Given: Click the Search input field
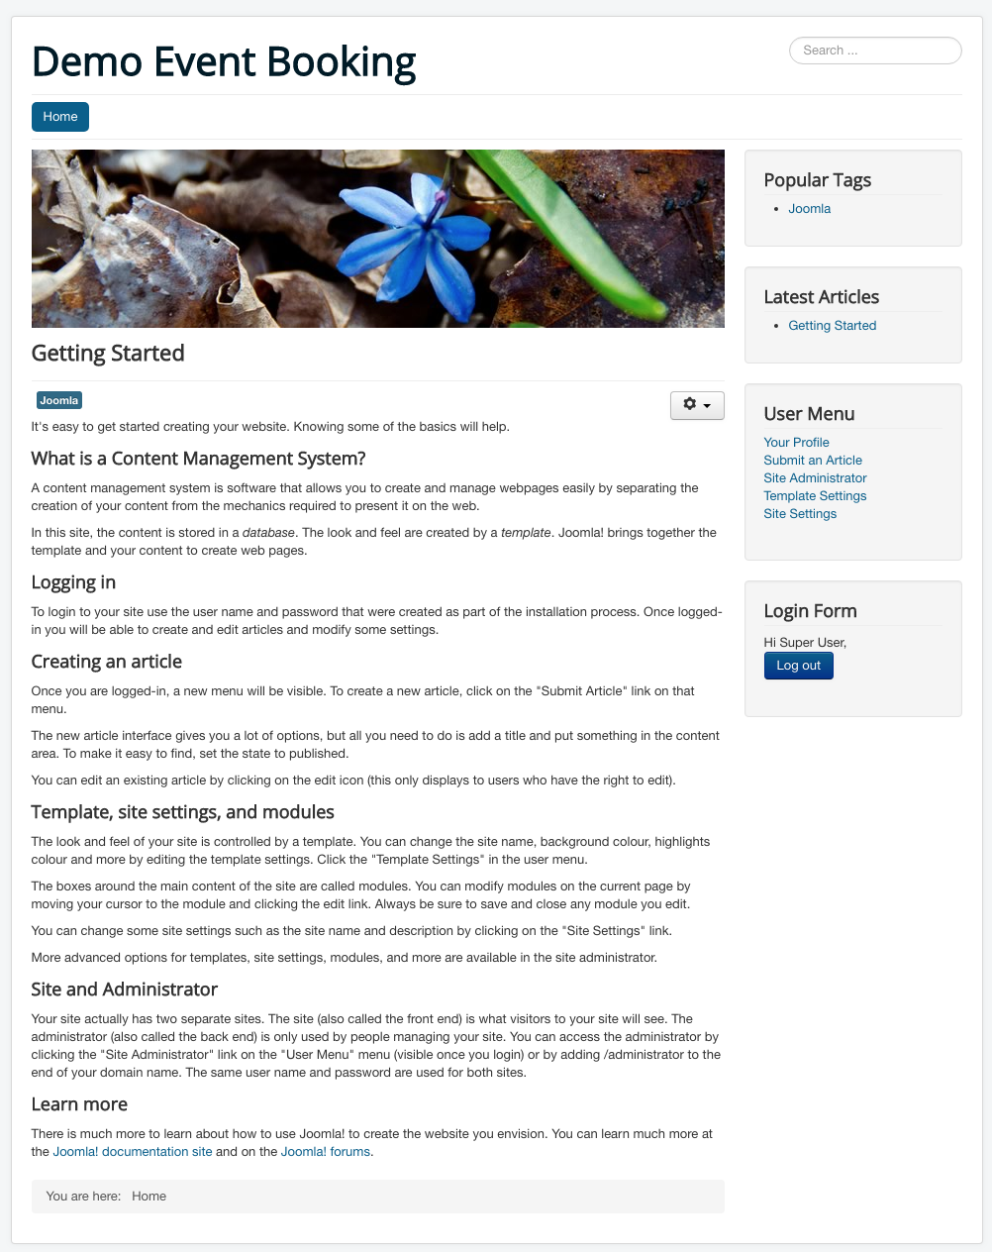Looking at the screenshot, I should pyautogui.click(x=875, y=51).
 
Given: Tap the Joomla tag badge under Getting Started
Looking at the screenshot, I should pyautogui.click(x=59, y=400).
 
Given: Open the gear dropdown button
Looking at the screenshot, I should pyautogui.click(x=697, y=405).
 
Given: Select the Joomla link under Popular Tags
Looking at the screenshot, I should pyautogui.click(x=809, y=209).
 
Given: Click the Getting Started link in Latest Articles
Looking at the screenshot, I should pyautogui.click(x=832, y=326).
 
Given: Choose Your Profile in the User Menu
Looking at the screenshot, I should pyautogui.click(x=796, y=443).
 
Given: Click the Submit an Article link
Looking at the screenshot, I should pyautogui.click(x=813, y=461).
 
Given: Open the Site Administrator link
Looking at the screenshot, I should pyautogui.click(x=815, y=478).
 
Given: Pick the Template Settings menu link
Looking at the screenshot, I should pyautogui.click(x=815, y=496).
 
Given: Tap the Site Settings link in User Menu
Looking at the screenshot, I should pyautogui.click(x=800, y=514).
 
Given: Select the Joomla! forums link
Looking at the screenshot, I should pyautogui.click(x=326, y=1152).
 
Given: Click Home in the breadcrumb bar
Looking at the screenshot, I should pyautogui.click(x=149, y=1197).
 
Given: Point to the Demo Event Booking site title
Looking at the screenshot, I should pyautogui.click(x=224, y=61).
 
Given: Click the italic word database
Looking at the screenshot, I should pyautogui.click(x=268, y=533).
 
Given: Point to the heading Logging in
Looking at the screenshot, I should pyautogui.click(x=73, y=582).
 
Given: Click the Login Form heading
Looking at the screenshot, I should pyautogui.click(x=810, y=611).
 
